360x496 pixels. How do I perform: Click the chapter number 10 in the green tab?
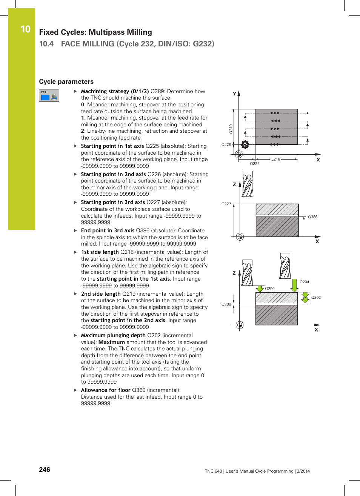25,29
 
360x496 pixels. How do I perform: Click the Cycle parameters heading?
66,81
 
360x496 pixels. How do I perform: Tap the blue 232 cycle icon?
49,95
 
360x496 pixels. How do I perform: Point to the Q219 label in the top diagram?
231,129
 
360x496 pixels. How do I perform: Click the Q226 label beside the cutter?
226,144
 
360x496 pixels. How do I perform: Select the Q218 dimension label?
275,159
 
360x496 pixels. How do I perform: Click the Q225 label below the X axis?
255,164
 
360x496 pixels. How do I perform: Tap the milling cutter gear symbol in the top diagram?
245,144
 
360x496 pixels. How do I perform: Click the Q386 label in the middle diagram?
312,217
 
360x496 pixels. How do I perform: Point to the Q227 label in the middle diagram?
226,204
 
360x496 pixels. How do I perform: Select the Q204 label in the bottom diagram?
304,282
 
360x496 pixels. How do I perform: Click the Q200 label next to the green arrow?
269,289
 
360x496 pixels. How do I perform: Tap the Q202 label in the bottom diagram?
316,297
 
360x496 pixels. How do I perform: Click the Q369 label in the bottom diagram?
226,304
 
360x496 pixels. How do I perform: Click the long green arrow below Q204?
295,285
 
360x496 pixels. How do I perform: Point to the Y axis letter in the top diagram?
234,94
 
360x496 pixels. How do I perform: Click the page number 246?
45,470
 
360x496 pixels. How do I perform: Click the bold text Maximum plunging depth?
113,335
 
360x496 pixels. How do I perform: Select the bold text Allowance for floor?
106,390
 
